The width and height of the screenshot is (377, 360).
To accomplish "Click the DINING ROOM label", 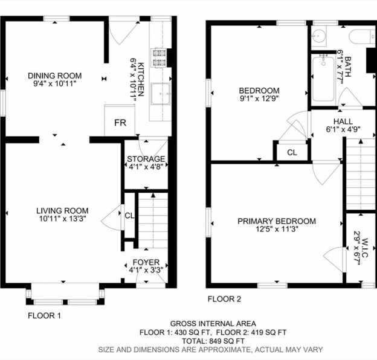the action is point(55,76).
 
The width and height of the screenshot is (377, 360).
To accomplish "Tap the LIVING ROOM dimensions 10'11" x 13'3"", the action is point(62,219).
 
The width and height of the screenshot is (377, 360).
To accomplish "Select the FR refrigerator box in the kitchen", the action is point(120,120).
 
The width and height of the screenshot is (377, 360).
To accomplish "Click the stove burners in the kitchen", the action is point(159,57).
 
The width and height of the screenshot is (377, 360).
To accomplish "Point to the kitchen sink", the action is point(160,94).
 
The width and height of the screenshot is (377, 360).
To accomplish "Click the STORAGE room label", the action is point(146,159).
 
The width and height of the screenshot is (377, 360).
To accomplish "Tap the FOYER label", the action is point(146,262).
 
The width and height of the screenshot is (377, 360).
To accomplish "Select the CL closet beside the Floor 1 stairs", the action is point(129,216).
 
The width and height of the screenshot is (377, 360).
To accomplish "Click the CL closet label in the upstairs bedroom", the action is point(292,152).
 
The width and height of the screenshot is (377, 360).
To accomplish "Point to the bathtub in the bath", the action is point(323,79).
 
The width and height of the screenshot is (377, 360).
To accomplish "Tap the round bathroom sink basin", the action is point(318,36).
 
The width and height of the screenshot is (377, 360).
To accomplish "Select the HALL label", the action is point(343,121).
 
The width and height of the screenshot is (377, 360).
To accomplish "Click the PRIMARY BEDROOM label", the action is point(277,221).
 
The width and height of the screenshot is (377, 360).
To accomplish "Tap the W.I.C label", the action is point(364,248).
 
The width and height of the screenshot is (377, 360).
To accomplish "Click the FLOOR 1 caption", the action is point(45,315).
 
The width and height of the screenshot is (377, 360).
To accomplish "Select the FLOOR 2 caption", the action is point(224,299).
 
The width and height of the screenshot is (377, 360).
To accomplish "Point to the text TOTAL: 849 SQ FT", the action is point(213,341).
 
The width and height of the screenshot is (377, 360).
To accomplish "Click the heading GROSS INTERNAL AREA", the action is point(213,324).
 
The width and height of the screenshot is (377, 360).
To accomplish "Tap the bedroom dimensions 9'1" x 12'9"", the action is point(259,98).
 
